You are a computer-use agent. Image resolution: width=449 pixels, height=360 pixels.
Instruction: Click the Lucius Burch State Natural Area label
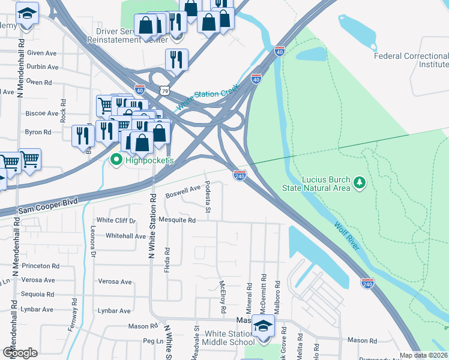316,183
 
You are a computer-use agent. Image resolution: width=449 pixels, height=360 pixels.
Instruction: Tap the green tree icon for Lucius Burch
360,182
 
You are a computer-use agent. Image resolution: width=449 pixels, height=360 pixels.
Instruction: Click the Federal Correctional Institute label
411,60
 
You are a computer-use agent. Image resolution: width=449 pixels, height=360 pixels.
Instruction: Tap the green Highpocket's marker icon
115,160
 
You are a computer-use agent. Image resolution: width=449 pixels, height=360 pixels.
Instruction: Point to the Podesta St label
208,197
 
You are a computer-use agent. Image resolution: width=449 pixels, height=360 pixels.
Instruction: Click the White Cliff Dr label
116,220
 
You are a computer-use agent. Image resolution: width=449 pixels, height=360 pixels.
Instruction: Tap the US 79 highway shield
165,90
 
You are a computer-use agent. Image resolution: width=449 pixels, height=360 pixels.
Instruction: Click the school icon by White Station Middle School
263,327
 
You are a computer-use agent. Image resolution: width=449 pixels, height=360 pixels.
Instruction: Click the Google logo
20,353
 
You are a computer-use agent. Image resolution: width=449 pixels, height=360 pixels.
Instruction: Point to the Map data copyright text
424,355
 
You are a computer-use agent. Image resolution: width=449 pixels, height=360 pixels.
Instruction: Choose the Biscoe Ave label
40,113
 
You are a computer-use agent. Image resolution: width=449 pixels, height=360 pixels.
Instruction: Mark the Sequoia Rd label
37,295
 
